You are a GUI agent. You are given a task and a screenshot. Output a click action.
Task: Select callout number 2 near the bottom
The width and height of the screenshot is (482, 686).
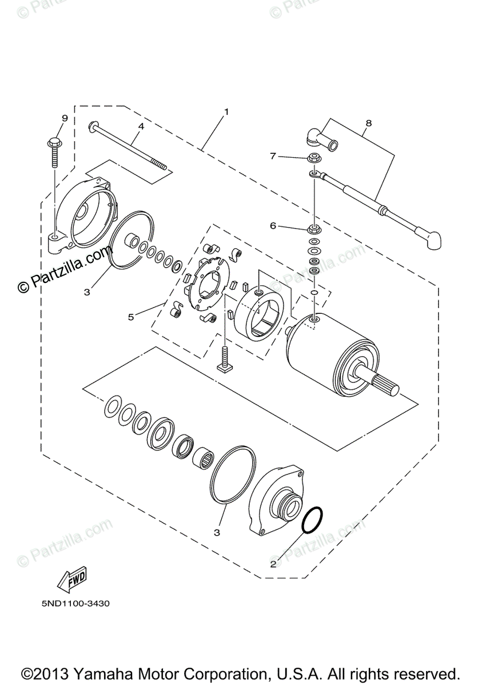click(x=273, y=564)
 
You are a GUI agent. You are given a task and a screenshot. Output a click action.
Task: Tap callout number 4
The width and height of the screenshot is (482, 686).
click(x=140, y=125)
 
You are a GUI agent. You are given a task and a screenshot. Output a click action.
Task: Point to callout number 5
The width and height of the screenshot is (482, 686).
click(x=131, y=316)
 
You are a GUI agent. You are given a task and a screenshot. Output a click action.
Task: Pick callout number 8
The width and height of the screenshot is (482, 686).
click(x=368, y=123)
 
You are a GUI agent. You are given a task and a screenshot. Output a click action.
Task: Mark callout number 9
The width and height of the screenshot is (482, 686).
click(x=65, y=118)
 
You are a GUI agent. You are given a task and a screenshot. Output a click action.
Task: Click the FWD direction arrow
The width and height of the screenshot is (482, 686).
click(x=71, y=581)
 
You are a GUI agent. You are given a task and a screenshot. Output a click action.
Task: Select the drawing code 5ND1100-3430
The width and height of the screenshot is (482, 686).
click(x=75, y=603)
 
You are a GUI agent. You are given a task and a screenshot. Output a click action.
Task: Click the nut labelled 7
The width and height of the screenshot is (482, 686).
click(x=314, y=158)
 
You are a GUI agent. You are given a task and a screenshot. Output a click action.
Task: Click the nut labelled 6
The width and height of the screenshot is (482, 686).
click(x=314, y=229)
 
